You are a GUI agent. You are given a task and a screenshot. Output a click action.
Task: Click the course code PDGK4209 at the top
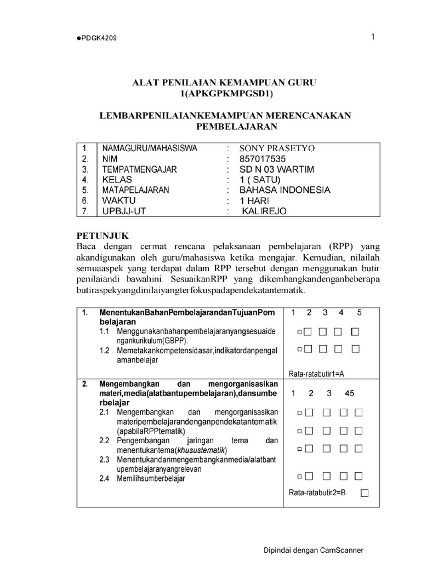pyautogui.click(x=98, y=38)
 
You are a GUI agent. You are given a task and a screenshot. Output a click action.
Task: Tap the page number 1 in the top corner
pyautogui.click(x=373, y=37)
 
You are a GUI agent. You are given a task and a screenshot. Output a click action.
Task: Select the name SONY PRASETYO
pyautogui.click(x=277, y=148)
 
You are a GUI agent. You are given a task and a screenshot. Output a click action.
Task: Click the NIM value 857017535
pyautogui.click(x=263, y=159)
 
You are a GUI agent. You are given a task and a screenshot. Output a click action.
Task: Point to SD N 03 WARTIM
pyautogui.click(x=277, y=169)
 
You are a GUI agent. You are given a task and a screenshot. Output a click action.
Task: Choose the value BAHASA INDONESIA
pyautogui.click(x=285, y=190)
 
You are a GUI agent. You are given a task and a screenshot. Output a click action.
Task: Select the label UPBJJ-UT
pyautogui.click(x=121, y=211)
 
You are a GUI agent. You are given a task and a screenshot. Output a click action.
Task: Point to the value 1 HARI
pyautogui.click(x=258, y=201)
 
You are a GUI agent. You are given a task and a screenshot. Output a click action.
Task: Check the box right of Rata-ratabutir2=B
pyautogui.click(x=365, y=493)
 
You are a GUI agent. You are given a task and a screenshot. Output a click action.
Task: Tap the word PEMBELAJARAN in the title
pyautogui.click(x=237, y=127)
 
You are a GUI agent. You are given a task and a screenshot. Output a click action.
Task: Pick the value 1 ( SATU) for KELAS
pyautogui.click(x=260, y=180)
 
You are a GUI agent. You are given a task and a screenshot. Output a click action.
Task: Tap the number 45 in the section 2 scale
pyautogui.click(x=350, y=393)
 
